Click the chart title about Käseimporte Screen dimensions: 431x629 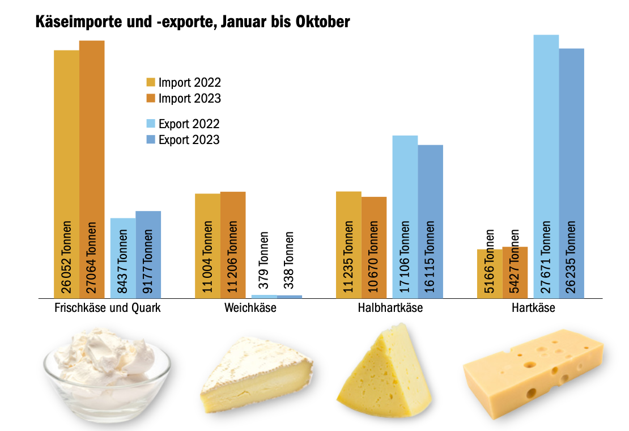click(x=193, y=22)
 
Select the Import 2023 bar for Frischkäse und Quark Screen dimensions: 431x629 click(x=92, y=142)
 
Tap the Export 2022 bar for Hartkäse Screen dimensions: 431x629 click(x=546, y=142)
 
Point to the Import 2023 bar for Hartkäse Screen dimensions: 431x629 click(x=515, y=272)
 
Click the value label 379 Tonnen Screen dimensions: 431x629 click(x=264, y=260)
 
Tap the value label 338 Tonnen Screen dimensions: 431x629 click(x=290, y=260)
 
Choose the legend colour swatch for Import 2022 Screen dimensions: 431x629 click(x=151, y=83)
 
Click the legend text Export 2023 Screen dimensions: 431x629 click(x=189, y=140)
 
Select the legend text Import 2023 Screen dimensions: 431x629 click(x=190, y=98)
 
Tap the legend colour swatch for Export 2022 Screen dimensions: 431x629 click(x=151, y=124)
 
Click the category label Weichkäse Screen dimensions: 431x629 click(x=250, y=309)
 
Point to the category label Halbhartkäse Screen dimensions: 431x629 click(x=390, y=309)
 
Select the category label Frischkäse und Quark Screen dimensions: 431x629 click(x=108, y=309)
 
